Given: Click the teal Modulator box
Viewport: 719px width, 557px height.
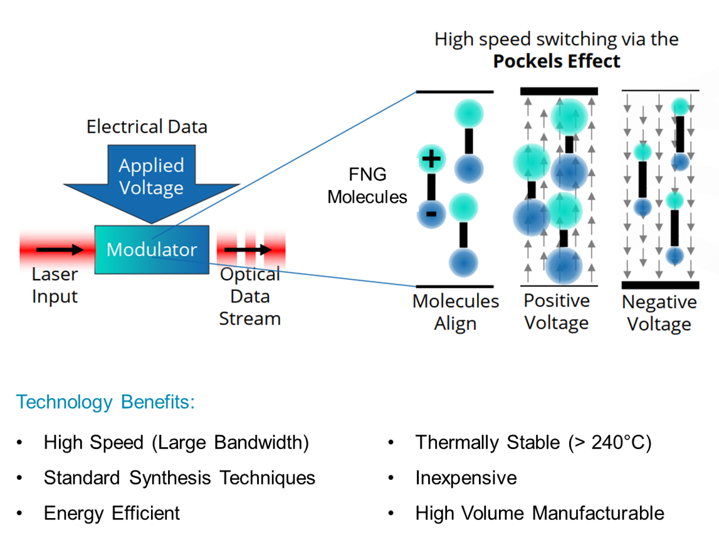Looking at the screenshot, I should point(152,249).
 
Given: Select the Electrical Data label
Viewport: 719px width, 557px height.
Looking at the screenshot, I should point(147,127).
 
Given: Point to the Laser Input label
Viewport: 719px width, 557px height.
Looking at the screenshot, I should point(55,285).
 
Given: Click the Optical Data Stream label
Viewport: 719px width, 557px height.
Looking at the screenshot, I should point(249,297).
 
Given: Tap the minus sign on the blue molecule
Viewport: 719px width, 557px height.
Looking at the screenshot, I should point(432,214).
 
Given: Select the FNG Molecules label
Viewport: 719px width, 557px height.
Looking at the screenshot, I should point(367,185).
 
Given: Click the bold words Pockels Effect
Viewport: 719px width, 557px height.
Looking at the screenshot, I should point(556,61).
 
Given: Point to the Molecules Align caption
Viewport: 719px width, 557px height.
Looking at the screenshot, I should point(456,312).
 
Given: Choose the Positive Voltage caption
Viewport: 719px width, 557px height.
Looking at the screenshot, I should point(557,312).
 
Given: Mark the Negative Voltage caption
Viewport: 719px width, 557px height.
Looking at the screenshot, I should point(659,313).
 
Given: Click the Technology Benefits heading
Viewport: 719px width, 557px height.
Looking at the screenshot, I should point(105,402).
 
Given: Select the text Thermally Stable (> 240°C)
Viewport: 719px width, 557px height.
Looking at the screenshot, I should point(533,443).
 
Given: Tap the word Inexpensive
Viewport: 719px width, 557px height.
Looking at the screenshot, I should point(466,478).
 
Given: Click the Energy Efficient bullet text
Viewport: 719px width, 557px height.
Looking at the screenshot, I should point(112,513).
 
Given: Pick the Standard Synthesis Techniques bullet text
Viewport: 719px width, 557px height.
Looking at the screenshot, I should point(179,478).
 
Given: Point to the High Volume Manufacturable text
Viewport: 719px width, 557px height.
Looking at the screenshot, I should point(539,513).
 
